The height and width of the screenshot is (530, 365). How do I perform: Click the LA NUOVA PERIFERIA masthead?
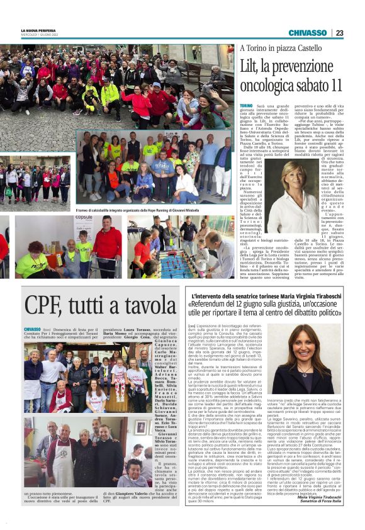pyautogui.click(x=38, y=30)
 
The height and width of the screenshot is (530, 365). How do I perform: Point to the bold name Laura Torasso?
pyautogui.click(x=128, y=329)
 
